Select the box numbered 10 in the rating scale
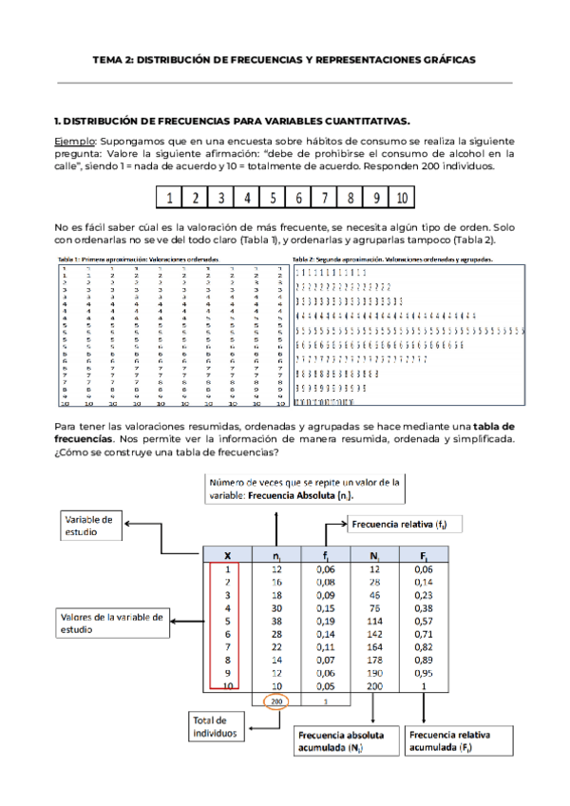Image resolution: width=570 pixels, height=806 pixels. tap(402, 199)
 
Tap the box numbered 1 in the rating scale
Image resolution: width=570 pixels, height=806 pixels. tap(168, 199)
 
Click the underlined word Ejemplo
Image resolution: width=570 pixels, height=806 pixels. tap(77, 140)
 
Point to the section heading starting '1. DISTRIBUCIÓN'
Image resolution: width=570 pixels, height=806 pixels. tap(232, 122)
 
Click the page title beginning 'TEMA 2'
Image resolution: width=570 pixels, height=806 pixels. tap(284, 59)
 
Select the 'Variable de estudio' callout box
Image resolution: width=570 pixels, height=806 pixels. tap(93, 526)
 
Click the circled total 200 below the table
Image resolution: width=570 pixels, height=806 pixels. tap(275, 700)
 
